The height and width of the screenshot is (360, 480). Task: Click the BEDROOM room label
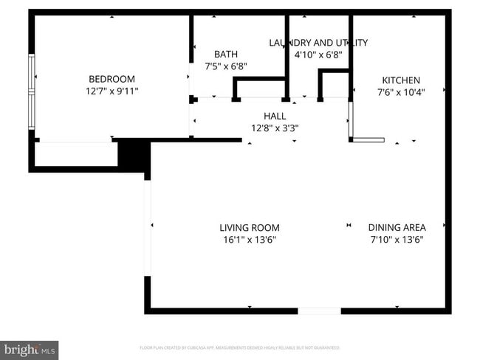[x=112, y=79]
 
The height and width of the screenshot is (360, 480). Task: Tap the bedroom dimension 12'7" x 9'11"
[x=112, y=91]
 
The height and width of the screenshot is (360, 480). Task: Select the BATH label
[x=225, y=54]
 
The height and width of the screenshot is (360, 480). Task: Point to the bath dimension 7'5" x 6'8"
[x=225, y=66]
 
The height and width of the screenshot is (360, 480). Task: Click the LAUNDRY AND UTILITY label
[x=318, y=43]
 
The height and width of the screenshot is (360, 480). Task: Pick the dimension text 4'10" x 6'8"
[x=318, y=55]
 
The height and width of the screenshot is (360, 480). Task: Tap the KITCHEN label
[x=400, y=80]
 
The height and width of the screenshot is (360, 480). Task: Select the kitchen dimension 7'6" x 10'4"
[x=400, y=92]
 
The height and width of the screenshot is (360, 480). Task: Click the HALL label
[x=275, y=116]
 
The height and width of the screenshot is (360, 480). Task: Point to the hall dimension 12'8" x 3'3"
[x=275, y=128]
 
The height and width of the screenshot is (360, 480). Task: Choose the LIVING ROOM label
[x=249, y=228]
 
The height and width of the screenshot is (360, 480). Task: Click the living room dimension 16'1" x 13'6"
[x=249, y=240]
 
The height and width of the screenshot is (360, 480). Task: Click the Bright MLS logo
[x=30, y=349]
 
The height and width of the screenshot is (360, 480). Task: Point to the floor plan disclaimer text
[x=239, y=347]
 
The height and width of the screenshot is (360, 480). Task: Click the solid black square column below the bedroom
[x=134, y=154]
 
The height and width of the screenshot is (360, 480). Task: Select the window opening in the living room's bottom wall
[x=319, y=311]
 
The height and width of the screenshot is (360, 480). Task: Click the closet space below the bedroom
[x=76, y=154]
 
